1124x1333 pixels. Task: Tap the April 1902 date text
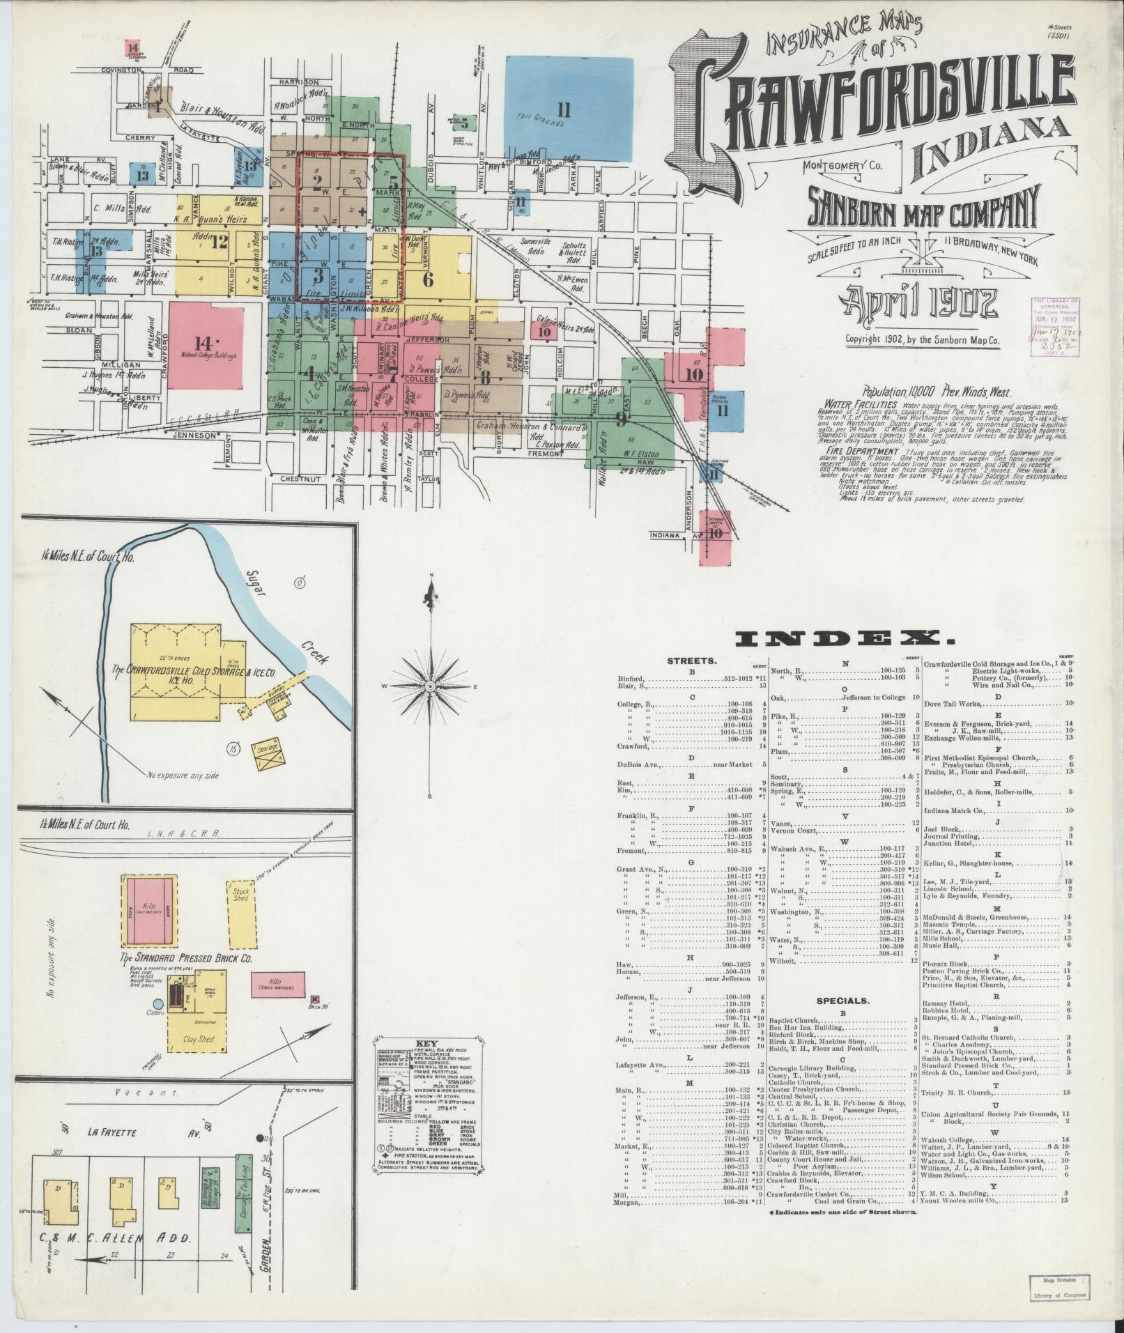(918, 304)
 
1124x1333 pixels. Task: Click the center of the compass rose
(430, 686)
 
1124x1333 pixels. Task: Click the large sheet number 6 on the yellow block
(428, 279)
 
